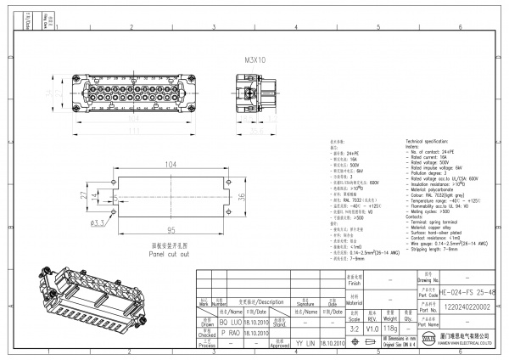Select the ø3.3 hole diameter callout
tap(98, 223)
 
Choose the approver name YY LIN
tap(302, 343)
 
